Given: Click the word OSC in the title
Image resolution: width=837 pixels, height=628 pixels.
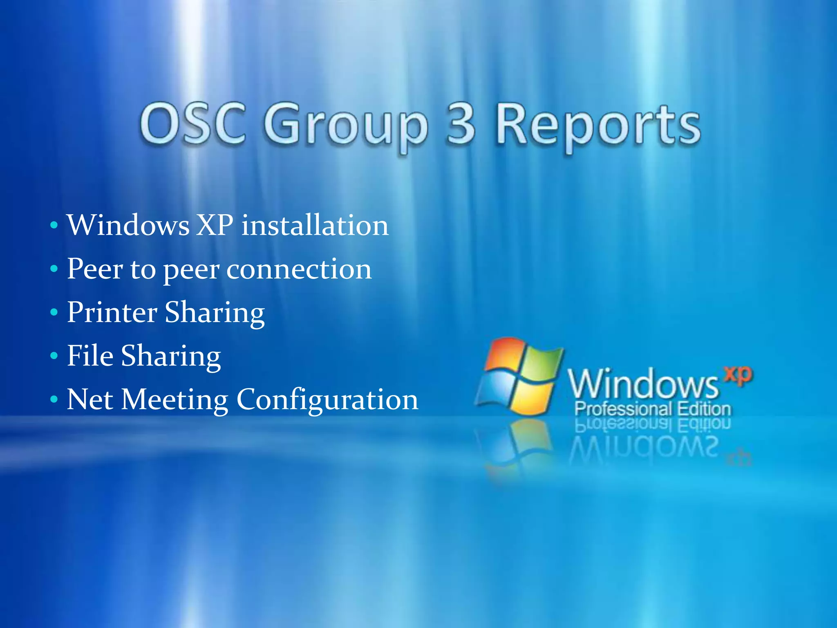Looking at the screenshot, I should tap(192, 124).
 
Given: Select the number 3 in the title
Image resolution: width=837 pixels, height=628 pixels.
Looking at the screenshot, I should tap(461, 124).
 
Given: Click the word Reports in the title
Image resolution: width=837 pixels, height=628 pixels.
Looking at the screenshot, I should tap(598, 127).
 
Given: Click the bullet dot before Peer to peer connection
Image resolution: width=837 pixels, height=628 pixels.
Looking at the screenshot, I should tap(54, 269).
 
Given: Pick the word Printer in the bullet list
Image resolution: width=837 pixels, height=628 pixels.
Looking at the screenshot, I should tap(112, 313).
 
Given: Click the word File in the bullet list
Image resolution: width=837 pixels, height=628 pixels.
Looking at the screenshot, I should tap(90, 356).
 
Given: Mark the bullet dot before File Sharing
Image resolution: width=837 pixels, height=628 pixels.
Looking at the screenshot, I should tap(54, 356).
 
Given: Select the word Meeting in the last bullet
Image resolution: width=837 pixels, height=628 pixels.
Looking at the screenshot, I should tap(175, 400).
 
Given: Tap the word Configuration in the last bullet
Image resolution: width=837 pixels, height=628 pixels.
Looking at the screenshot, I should tap(327, 400).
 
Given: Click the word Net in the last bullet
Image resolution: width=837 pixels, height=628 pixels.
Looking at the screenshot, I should tap(90, 399).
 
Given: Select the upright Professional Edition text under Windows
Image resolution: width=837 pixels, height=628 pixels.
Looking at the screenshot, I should tap(653, 409).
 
